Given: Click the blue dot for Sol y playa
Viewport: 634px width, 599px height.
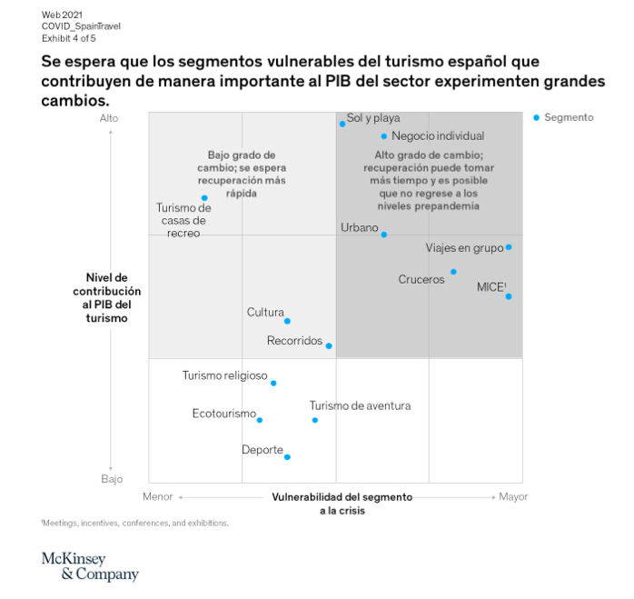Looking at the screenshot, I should click(342, 124).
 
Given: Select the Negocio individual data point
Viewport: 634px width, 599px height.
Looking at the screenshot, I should click(384, 136).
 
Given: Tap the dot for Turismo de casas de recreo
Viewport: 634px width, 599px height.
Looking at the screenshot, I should click(204, 197).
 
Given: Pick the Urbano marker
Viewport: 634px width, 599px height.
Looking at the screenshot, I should click(383, 235).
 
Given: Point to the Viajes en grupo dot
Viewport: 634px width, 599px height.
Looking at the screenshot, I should click(509, 247).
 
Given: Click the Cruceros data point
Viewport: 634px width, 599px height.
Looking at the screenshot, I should click(453, 272).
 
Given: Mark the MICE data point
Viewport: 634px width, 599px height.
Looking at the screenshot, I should click(509, 296).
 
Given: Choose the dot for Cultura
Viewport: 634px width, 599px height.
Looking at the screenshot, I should click(287, 321).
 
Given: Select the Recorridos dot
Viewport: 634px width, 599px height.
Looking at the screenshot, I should click(329, 345).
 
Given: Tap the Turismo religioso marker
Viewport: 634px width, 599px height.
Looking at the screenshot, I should click(273, 383).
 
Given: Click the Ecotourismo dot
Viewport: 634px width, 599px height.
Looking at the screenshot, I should click(260, 420).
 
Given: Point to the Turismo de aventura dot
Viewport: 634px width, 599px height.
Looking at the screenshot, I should click(315, 420).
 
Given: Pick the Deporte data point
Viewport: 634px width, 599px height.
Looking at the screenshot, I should click(287, 456).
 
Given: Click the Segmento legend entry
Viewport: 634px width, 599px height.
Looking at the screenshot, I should click(564, 117).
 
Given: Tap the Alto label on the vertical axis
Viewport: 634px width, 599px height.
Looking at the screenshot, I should click(109, 117).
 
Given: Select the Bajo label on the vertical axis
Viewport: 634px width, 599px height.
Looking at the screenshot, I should click(112, 478).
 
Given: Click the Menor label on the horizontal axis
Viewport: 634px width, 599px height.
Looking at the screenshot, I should click(158, 497).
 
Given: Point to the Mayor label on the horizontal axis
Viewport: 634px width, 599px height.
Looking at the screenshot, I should click(513, 497).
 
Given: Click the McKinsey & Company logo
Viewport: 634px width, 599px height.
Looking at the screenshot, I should click(90, 565).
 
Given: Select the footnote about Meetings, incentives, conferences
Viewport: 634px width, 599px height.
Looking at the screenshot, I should click(134, 523).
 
